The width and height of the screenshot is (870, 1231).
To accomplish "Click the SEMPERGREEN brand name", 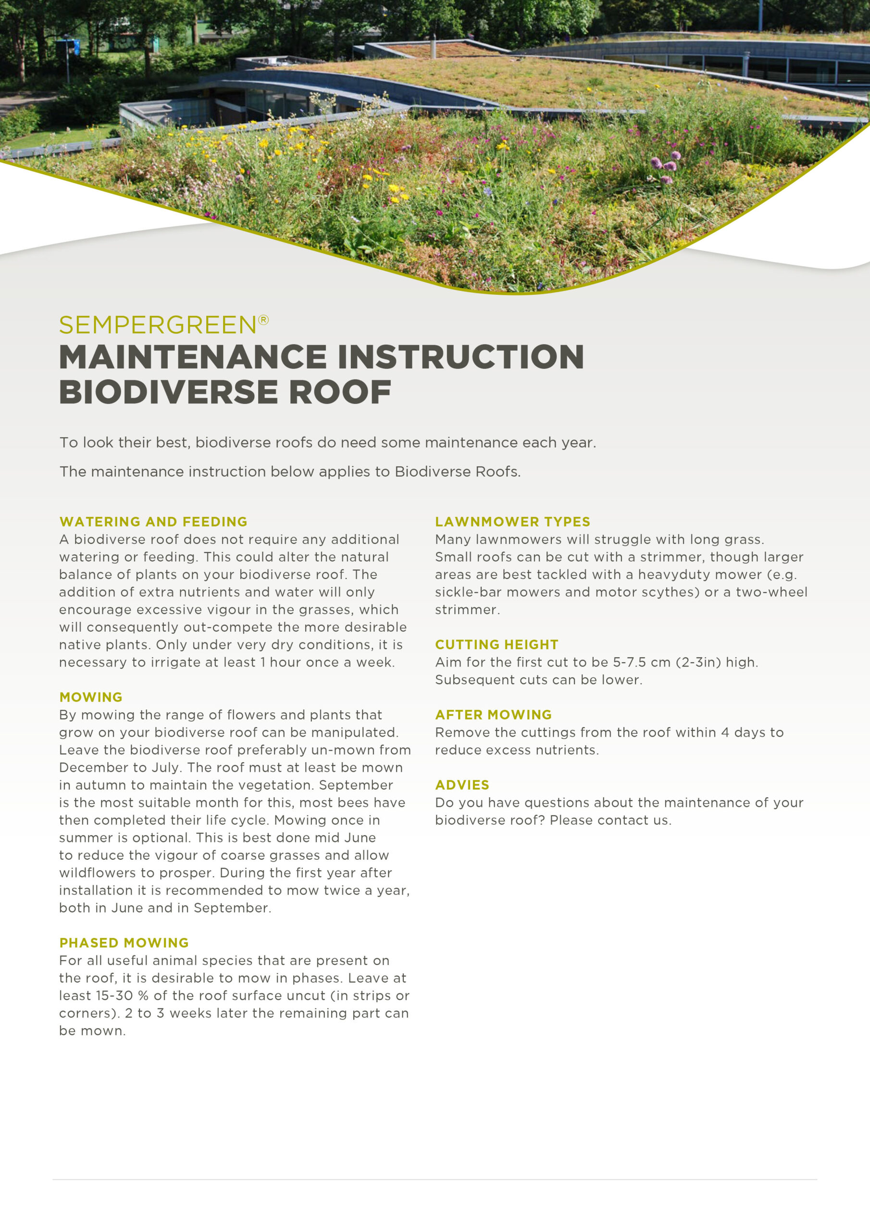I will tap(158, 325).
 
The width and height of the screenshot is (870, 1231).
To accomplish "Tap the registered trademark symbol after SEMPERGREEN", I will tap(263, 320).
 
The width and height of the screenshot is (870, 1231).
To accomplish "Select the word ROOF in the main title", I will tap(340, 392).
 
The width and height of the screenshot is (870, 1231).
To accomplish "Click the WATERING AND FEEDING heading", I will tap(153, 522).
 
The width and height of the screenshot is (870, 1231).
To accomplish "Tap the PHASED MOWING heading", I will tap(124, 942).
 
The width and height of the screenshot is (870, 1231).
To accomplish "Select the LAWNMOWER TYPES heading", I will tap(512, 522).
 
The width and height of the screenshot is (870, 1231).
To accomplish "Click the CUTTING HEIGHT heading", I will tap(497, 644).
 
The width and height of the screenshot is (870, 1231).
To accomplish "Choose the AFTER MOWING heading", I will tap(493, 715).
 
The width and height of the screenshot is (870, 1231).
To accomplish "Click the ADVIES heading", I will tap(462, 785).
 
